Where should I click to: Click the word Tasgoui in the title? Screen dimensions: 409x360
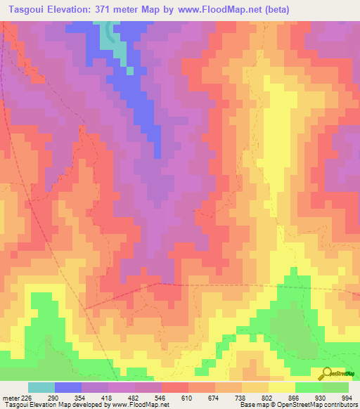click(x=26, y=10)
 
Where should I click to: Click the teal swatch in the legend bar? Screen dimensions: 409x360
click(x=41, y=388)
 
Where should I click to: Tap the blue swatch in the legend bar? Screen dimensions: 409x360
click(x=68, y=388)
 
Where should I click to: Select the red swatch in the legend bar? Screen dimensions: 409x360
click(x=175, y=388)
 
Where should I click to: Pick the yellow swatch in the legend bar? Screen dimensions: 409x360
click(x=281, y=388)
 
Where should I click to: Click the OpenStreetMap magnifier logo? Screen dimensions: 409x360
click(x=326, y=373)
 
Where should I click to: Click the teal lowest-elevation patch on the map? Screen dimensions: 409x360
click(x=111, y=39)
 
